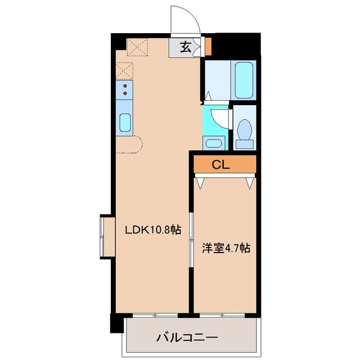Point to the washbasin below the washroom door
coord(213,142)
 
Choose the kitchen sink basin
coord(125,122)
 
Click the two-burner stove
coord(125,90)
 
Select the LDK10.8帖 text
coord(152,229)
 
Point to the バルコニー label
coord(186,338)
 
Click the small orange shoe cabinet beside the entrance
coord(208,45)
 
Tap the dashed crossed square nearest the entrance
coord(137,47)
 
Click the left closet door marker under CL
coord(200,182)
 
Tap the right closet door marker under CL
coord(250,182)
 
